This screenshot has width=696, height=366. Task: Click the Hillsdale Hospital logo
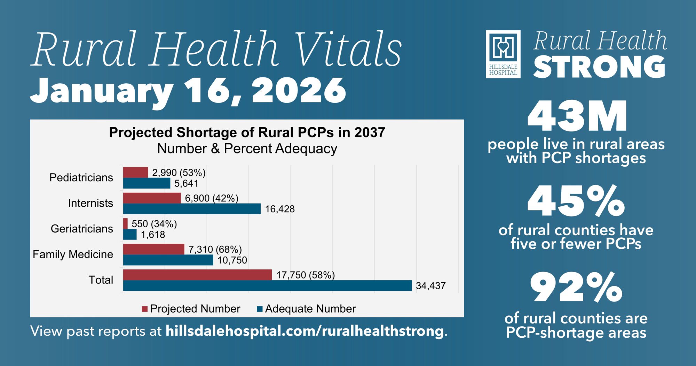[503, 54]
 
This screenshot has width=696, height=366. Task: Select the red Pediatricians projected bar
[135, 173]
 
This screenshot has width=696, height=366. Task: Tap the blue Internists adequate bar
[192, 209]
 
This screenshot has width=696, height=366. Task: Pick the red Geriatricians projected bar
[125, 223]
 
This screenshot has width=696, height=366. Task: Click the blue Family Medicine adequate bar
[168, 260]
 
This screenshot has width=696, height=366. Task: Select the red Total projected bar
[197, 275]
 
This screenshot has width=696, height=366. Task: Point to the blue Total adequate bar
[267, 285]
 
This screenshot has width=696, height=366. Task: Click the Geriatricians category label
[82, 229]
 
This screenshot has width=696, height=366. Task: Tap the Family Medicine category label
[73, 254]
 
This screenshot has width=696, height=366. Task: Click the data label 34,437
[431, 286]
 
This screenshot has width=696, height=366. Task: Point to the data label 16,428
[280, 209]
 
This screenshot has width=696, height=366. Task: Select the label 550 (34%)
[154, 224]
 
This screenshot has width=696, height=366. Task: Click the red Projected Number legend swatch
[145, 309]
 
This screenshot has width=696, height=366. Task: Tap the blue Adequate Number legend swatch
[260, 309]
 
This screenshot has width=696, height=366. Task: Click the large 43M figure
[577, 116]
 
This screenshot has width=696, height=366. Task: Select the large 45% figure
[576, 201]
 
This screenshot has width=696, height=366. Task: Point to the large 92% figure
[576, 288]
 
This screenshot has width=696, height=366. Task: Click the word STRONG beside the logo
[599, 67]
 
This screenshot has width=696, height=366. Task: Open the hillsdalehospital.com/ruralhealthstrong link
[304, 331]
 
